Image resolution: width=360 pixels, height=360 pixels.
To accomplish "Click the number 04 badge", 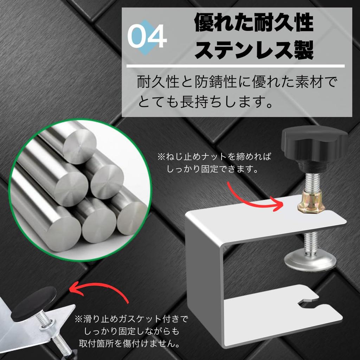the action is pos(147,37).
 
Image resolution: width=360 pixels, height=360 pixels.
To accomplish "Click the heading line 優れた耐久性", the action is pos(254,22).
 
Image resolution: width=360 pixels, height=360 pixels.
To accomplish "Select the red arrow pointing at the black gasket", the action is pos(101,285).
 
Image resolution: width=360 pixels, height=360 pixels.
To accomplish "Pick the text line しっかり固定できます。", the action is pos(212,169).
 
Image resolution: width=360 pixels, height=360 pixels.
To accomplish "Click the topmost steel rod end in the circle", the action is pos(79,146).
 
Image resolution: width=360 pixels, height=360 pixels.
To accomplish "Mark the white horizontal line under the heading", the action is pos(236,66).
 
